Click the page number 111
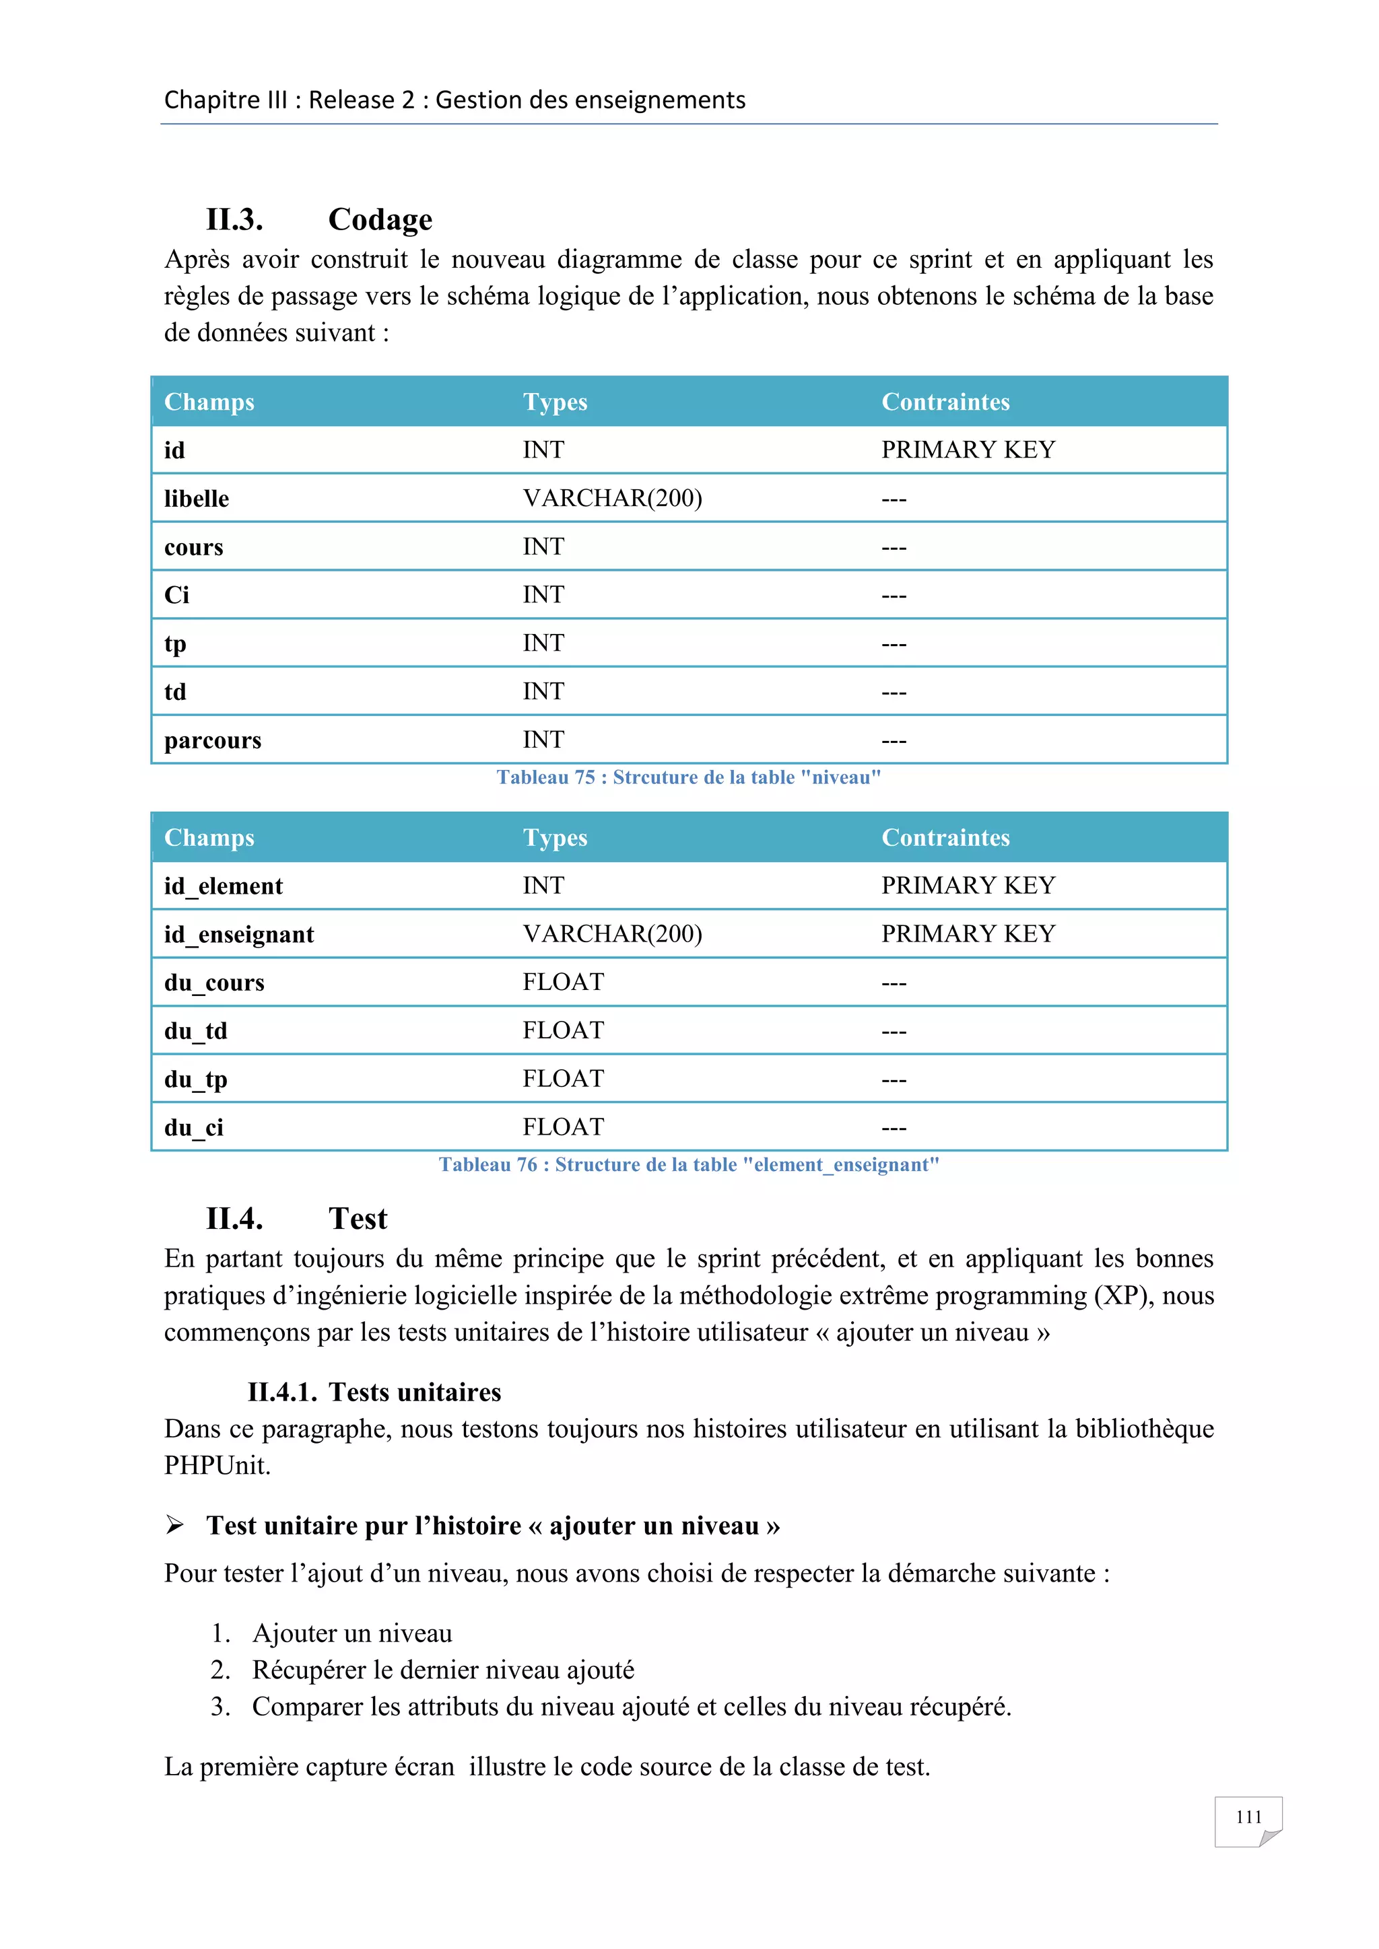[1248, 1816]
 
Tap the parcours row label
[212, 740]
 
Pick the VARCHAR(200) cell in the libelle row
[612, 498]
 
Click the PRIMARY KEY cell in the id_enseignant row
[968, 933]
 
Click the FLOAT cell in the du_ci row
[563, 1127]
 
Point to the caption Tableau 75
[689, 777]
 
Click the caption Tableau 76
[689, 1165]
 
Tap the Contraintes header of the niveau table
[945, 402]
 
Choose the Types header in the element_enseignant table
[554, 838]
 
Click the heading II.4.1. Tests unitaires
[374, 1392]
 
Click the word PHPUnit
[217, 1466]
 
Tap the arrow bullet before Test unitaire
[175, 1526]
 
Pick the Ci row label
[176, 595]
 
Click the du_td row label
[195, 1032]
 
